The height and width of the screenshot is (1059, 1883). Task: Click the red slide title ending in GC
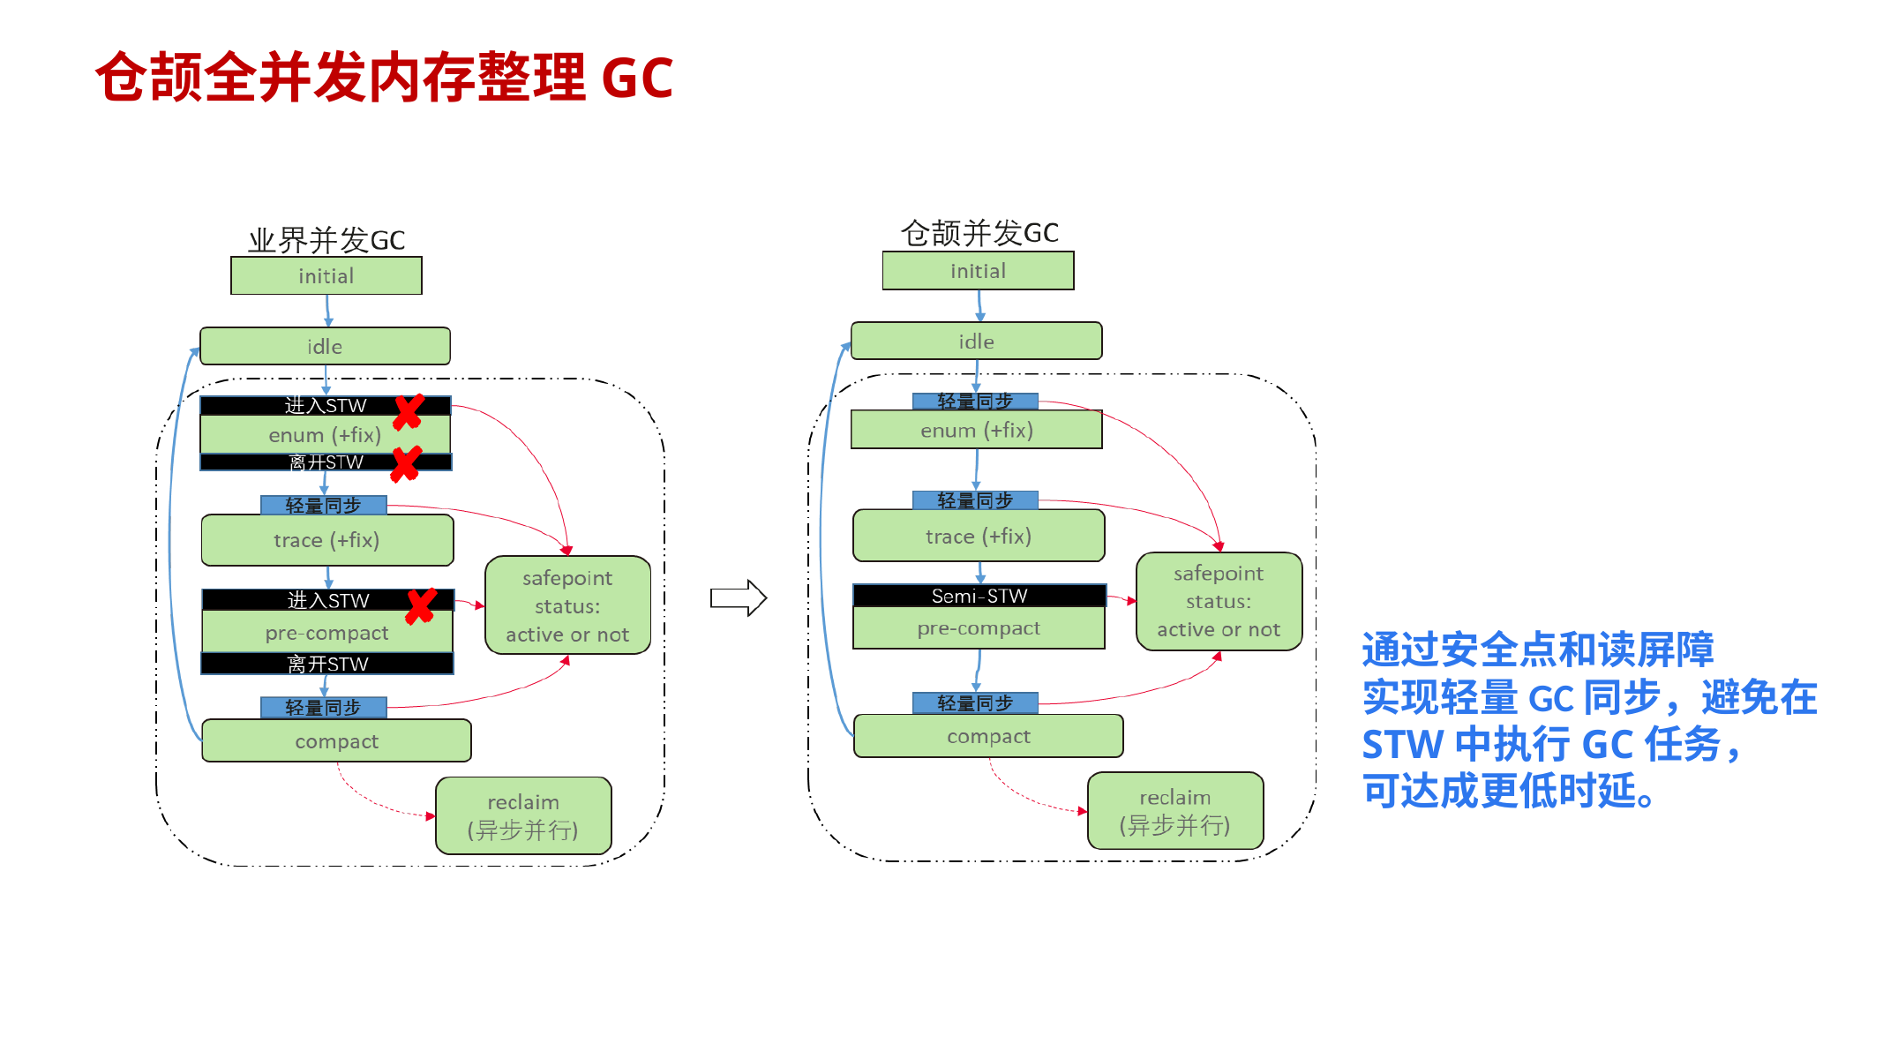384,78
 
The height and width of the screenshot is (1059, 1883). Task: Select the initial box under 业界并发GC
326,276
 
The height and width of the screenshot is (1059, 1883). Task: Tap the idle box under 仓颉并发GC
976,342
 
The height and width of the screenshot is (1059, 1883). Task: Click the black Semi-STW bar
979,596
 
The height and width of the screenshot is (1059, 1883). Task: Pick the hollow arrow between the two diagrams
739,598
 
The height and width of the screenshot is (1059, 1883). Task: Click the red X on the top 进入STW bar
408,411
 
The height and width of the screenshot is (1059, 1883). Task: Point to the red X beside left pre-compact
421,605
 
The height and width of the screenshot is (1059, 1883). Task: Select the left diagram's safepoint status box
567,605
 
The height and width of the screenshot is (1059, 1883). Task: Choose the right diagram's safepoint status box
1219,601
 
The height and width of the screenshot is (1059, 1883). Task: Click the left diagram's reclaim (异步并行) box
523,815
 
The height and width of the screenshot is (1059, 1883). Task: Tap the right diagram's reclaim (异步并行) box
1174,811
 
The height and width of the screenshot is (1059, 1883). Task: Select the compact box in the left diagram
336,741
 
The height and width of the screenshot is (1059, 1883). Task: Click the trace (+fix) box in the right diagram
978,537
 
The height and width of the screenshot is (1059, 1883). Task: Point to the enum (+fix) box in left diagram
325,435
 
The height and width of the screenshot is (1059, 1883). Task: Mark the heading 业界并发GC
326,240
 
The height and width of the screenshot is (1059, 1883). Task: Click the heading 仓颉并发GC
979,233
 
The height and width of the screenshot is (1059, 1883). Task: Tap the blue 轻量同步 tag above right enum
975,402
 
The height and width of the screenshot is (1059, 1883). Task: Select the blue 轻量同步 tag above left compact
323,708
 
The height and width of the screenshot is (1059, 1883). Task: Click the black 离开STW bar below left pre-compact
327,664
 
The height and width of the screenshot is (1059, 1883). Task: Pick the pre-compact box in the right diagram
979,628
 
